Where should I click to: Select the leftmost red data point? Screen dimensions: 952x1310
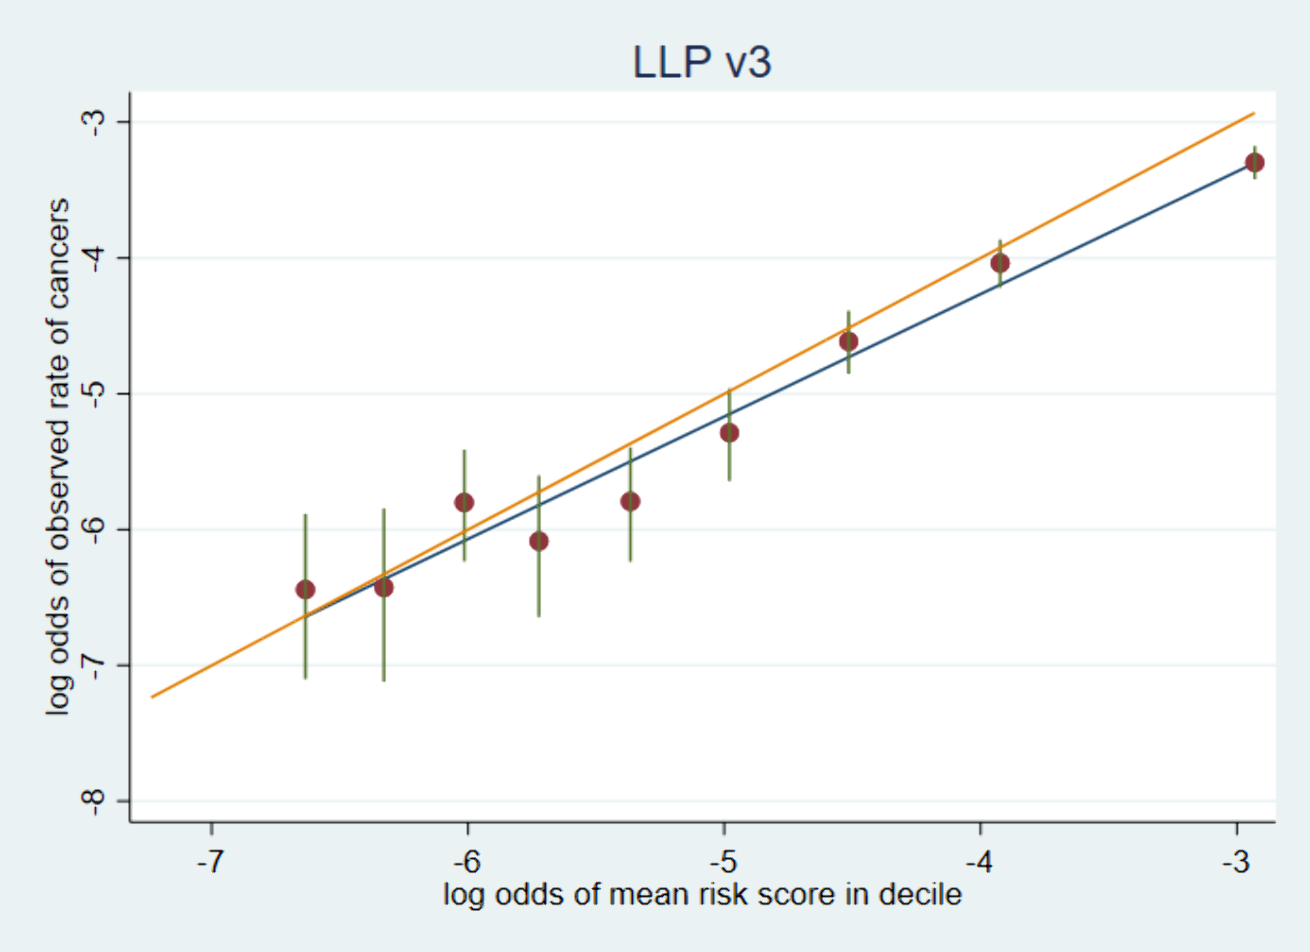pyautogui.click(x=305, y=589)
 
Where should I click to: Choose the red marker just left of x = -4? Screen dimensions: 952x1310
pyautogui.click(x=1000, y=263)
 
